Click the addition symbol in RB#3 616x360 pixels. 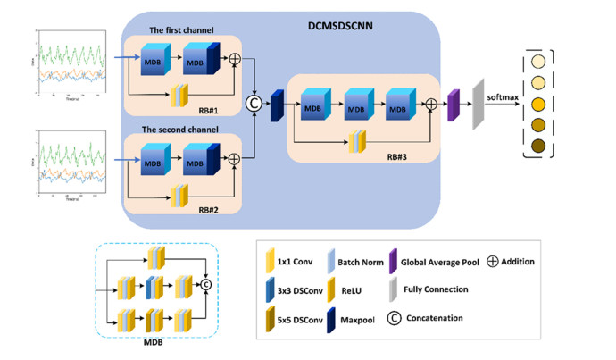(x=431, y=105)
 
